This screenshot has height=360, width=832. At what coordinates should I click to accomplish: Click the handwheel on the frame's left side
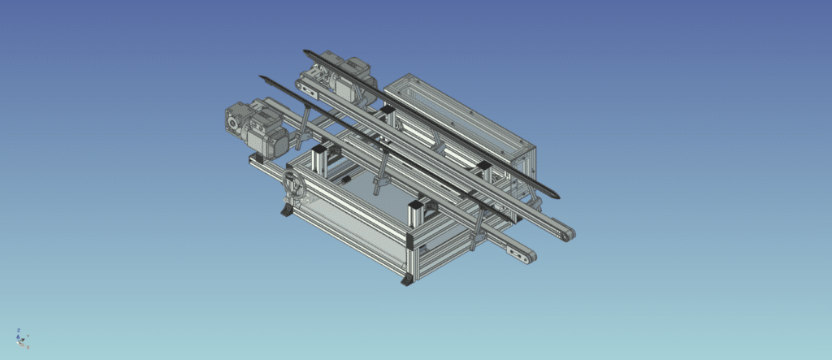(293, 189)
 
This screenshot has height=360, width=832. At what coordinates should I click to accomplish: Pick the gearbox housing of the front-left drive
(237, 120)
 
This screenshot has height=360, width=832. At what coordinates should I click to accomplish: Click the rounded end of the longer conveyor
(565, 233)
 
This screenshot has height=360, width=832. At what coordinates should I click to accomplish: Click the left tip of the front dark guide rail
(262, 78)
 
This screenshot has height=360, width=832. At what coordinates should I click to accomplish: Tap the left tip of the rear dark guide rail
(306, 52)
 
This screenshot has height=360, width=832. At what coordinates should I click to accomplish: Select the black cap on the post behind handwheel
(319, 150)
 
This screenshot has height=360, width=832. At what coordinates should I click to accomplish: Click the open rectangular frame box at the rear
(463, 114)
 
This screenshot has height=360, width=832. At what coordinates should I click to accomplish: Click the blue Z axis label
(19, 331)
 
